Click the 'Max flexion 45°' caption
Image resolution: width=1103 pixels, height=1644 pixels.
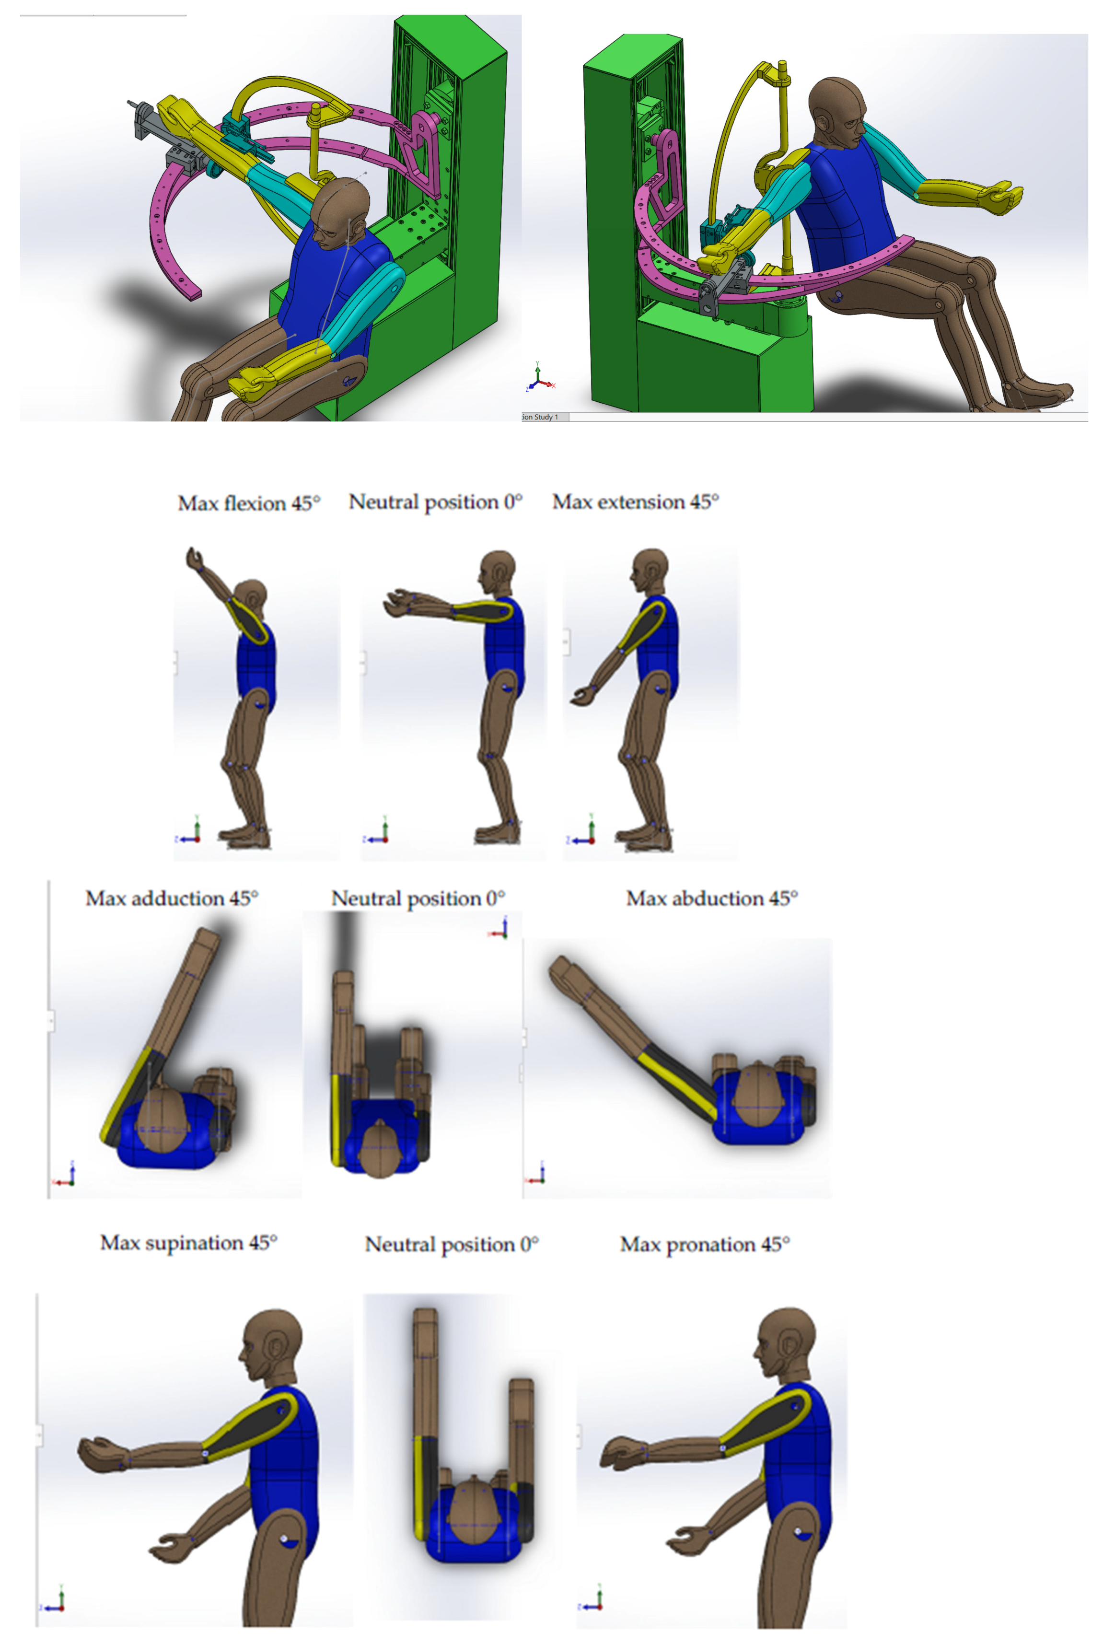[x=248, y=503]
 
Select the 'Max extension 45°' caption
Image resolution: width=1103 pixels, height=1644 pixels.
[x=635, y=501]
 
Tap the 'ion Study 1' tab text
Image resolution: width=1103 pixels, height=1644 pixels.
[x=540, y=417]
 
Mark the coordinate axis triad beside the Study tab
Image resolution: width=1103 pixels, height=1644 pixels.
[x=540, y=376]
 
